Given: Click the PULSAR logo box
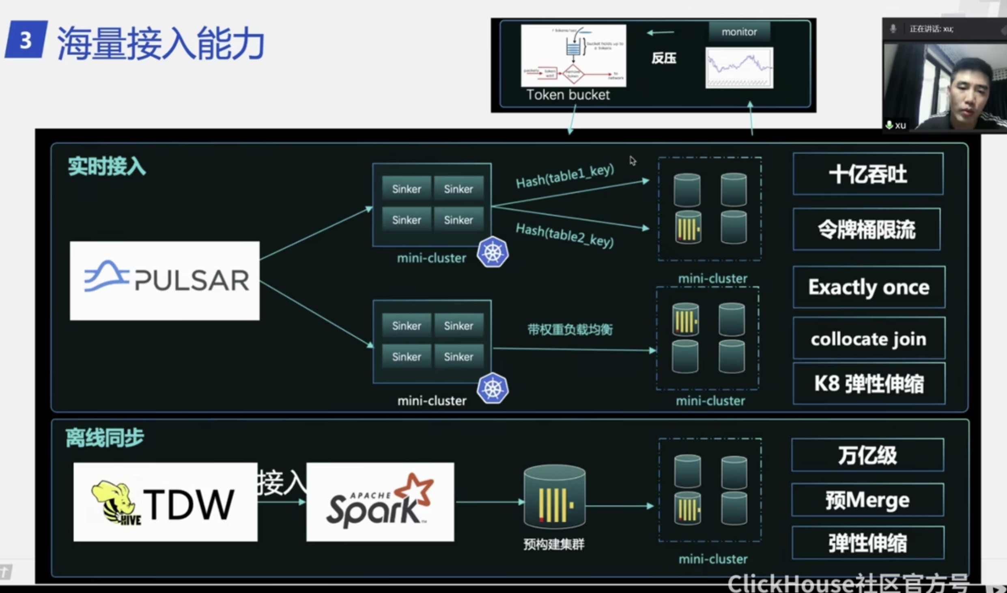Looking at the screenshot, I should [164, 281].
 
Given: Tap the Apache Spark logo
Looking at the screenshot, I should [380, 502].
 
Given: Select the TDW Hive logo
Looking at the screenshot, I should [165, 502].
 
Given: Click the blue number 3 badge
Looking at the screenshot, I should [26, 40].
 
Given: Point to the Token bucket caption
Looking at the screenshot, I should [568, 95].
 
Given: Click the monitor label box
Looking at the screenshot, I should [739, 32].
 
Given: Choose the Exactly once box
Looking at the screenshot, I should [869, 287].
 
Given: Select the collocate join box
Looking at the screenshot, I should [869, 339].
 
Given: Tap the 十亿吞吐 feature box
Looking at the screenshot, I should [868, 174].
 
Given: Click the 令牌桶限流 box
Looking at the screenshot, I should [867, 229].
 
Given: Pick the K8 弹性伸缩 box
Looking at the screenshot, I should [869, 383].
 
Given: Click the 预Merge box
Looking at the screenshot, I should [867, 500].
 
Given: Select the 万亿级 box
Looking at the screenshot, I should [867, 455].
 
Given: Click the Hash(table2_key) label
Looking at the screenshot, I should [565, 235].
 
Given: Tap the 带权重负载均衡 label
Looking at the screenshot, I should [570, 329].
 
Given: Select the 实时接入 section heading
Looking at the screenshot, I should [107, 167].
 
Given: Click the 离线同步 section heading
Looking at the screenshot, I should [105, 438].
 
